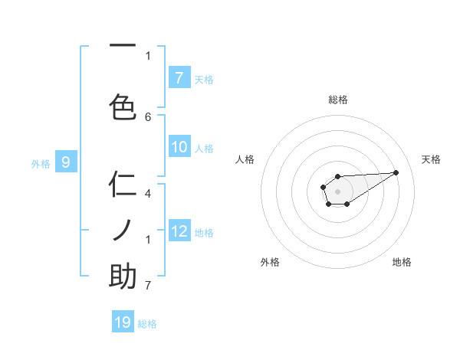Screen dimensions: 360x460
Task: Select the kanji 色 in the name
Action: pyautogui.click(x=123, y=107)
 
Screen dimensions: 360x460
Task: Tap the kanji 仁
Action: pyautogui.click(x=123, y=185)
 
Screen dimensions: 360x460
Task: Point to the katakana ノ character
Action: pyautogui.click(x=123, y=230)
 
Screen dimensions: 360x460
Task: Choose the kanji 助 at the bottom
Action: pyautogui.click(x=123, y=277)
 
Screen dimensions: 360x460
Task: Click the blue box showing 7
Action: pyautogui.click(x=179, y=77)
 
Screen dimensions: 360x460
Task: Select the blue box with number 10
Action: pyautogui.click(x=179, y=148)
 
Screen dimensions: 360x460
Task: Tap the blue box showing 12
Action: pyautogui.click(x=179, y=231)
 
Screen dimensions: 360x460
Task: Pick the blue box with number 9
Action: pyautogui.click(x=66, y=162)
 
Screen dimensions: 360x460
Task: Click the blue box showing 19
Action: pyautogui.click(x=123, y=322)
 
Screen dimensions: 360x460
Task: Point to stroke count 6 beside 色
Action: pyautogui.click(x=148, y=116)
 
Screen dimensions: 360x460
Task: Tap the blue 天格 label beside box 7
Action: pyautogui.click(x=204, y=79)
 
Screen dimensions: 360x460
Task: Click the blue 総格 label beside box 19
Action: pyautogui.click(x=147, y=324)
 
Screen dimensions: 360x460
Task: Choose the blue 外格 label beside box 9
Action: pyautogui.click(x=40, y=163)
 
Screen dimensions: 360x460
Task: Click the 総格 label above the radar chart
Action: pyautogui.click(x=338, y=100)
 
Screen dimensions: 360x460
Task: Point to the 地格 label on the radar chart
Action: pyautogui.click(x=402, y=262)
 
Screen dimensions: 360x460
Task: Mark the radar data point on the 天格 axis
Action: pyautogui.click(x=396, y=172)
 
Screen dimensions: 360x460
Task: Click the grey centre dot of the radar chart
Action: pyautogui.click(x=337, y=191)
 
